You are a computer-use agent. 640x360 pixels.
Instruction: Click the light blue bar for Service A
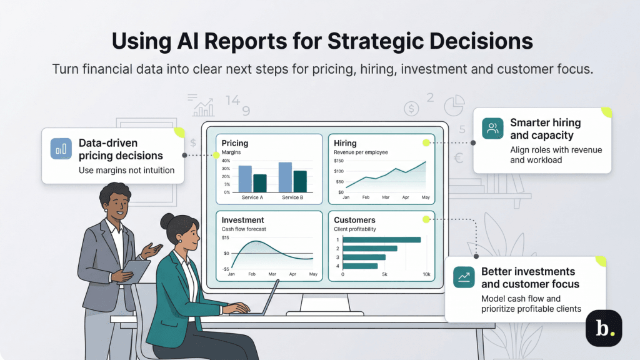tap(245, 179)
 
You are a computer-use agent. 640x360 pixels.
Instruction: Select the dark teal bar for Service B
tap(300, 181)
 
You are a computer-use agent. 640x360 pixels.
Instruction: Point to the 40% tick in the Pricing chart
tap(226, 161)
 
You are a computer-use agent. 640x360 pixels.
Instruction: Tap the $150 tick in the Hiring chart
tap(339, 161)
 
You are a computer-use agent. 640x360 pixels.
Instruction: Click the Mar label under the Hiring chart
tap(386, 197)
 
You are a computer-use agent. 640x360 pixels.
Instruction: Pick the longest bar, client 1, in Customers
tap(382, 239)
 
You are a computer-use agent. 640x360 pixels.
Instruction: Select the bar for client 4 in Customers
tap(360, 266)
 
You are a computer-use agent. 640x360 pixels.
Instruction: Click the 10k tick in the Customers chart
tap(426, 274)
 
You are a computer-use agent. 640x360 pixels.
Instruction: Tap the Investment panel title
tap(242, 220)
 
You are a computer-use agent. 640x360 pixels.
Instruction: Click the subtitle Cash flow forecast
tap(245, 229)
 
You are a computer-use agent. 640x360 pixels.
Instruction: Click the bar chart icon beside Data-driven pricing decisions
tap(61, 149)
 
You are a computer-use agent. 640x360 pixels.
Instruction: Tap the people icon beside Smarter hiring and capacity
tap(492, 129)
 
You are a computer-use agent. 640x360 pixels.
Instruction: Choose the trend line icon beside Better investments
tap(464, 277)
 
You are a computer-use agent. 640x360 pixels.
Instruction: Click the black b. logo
tap(604, 327)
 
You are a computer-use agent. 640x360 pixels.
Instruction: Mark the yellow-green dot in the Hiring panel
tap(426, 142)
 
